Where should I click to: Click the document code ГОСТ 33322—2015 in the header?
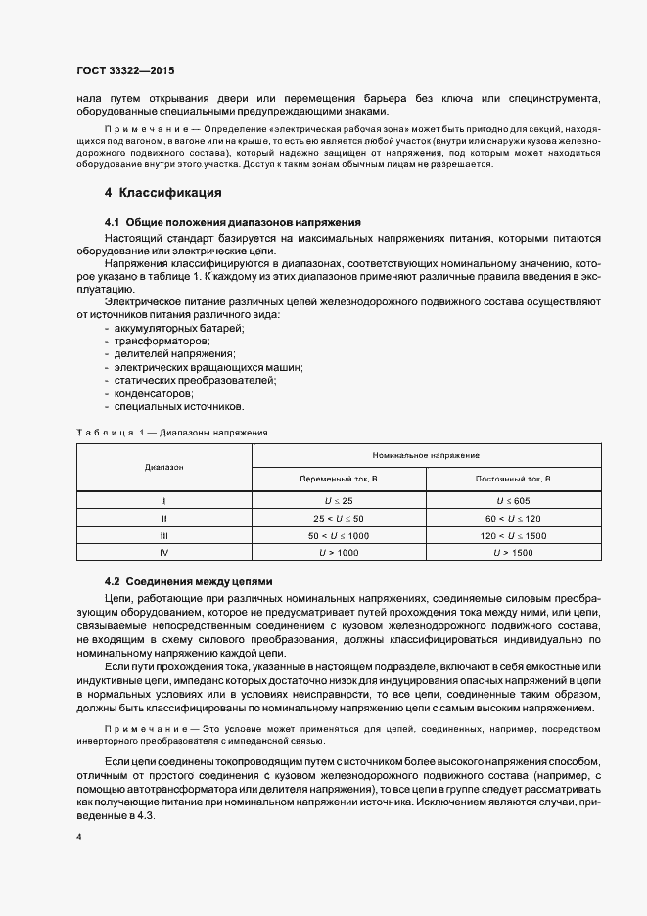(125, 70)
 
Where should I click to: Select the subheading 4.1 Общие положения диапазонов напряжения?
(233, 223)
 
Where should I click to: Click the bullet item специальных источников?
(165, 406)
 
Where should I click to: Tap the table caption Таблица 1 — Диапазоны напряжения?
(171, 431)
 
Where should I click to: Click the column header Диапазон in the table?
(163, 467)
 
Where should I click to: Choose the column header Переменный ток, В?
(338, 479)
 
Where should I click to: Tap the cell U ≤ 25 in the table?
(338, 500)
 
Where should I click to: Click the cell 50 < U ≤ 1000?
(338, 534)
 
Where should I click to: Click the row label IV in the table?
(163, 552)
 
